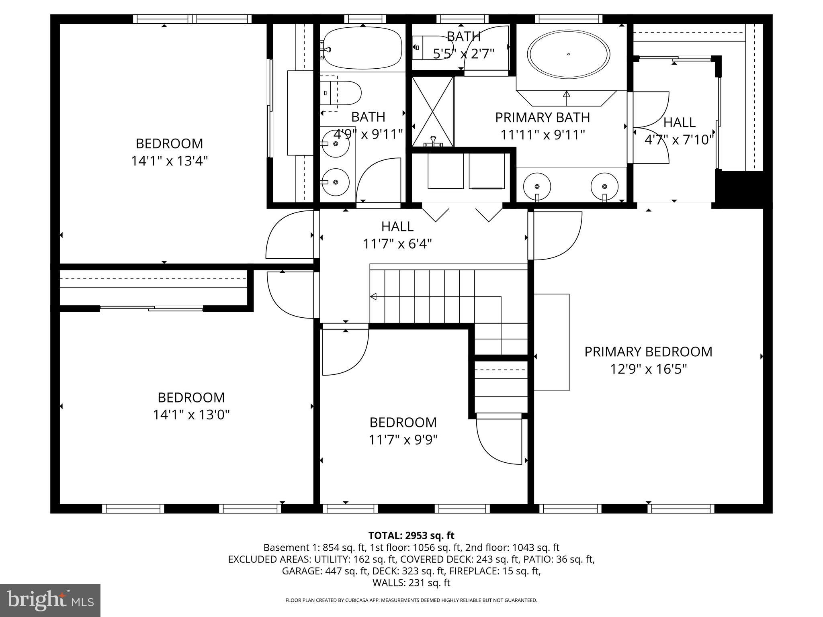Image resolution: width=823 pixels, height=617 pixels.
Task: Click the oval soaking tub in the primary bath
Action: [x=568, y=54]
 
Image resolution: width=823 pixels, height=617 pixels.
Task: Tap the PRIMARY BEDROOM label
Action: [x=648, y=351]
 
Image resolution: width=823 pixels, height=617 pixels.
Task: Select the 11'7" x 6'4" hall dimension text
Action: [x=397, y=244]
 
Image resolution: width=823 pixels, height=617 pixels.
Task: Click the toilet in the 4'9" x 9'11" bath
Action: [x=342, y=93]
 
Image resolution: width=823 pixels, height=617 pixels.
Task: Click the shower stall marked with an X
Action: [x=432, y=111]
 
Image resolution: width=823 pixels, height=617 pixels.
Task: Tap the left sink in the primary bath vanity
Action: [x=537, y=186]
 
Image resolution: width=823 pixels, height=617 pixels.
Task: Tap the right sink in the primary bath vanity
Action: [x=604, y=186]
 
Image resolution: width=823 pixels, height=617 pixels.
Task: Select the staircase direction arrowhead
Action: [x=373, y=296]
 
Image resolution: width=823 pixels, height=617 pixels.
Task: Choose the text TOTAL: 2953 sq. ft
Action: [x=411, y=535]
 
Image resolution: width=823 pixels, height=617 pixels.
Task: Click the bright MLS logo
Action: [x=50, y=600]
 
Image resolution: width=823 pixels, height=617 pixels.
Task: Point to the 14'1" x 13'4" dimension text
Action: [x=169, y=161]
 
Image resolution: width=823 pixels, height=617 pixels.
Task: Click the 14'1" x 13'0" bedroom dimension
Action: [x=191, y=415]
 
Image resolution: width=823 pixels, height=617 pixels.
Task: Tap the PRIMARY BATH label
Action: [x=542, y=117]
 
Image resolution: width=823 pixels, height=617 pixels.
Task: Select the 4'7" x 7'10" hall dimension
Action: [x=679, y=140]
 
